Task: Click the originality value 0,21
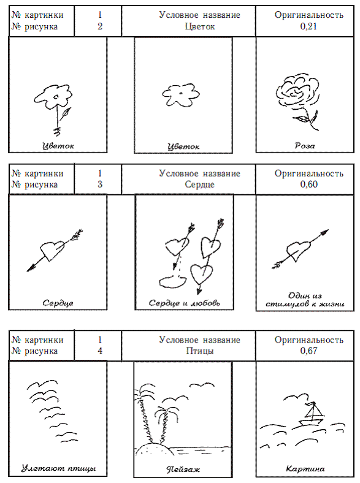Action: (x=308, y=26)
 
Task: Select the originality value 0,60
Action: (x=309, y=184)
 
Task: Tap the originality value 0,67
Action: (x=309, y=351)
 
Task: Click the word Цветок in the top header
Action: (x=200, y=27)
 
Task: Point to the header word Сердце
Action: (x=199, y=185)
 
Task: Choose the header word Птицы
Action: (x=200, y=351)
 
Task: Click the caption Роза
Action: (x=305, y=145)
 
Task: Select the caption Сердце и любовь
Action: (x=185, y=303)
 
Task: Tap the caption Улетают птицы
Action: (x=58, y=468)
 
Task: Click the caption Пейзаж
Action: (x=183, y=469)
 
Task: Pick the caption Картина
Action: (x=305, y=469)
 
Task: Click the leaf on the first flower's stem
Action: (x=66, y=113)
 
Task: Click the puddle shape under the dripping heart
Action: (x=172, y=281)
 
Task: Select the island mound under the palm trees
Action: (x=153, y=449)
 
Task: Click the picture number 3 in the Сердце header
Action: (x=100, y=184)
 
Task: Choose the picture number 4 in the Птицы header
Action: (x=100, y=351)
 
